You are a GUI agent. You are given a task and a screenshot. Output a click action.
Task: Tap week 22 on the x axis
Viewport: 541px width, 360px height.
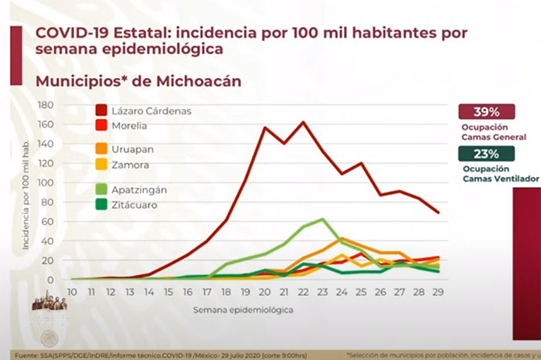[x=303, y=292]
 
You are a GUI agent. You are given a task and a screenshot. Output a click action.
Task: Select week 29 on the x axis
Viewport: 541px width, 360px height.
[x=438, y=292]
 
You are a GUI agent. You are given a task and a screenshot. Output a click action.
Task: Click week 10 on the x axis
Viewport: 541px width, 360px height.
[x=72, y=292]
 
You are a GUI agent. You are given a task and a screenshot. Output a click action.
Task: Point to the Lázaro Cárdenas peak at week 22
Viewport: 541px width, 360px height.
[x=303, y=122]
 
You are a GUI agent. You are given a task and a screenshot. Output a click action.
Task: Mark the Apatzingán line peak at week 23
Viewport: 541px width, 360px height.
[x=322, y=219]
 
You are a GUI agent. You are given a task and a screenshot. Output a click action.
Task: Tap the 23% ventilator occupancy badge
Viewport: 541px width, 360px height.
[x=486, y=153]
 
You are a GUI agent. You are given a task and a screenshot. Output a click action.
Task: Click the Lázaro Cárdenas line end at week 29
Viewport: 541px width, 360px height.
[x=438, y=212]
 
